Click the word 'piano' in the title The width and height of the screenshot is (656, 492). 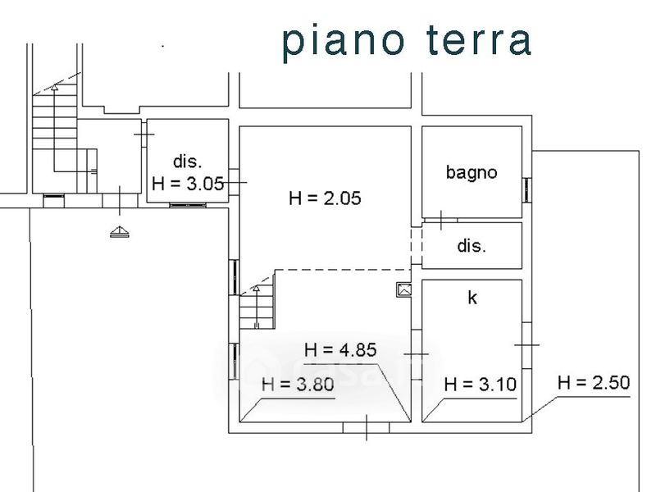tap(344, 42)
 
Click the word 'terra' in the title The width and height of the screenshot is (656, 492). tap(479, 40)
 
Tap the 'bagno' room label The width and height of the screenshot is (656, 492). tap(471, 172)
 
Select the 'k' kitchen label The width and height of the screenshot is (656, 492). tap(472, 298)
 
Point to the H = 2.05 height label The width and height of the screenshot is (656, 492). tap(325, 198)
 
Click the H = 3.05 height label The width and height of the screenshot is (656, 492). tap(188, 184)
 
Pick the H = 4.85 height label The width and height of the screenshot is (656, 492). tap(340, 350)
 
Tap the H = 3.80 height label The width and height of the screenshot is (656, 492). tap(298, 384)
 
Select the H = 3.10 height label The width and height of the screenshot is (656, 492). tap(481, 384)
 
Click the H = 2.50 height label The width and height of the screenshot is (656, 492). tap(594, 382)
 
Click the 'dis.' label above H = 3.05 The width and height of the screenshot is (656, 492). tap(188, 161)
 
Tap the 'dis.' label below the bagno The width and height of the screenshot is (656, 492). tap(472, 245)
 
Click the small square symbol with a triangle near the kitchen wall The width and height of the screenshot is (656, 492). tap(404, 289)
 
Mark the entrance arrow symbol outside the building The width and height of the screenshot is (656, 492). tap(120, 231)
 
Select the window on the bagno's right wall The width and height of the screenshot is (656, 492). tap(526, 190)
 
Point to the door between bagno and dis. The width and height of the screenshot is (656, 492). tap(441, 220)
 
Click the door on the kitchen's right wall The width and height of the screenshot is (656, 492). tap(526, 345)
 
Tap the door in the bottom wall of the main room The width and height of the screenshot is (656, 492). tap(367, 427)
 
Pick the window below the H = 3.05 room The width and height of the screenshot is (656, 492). tap(188, 205)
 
